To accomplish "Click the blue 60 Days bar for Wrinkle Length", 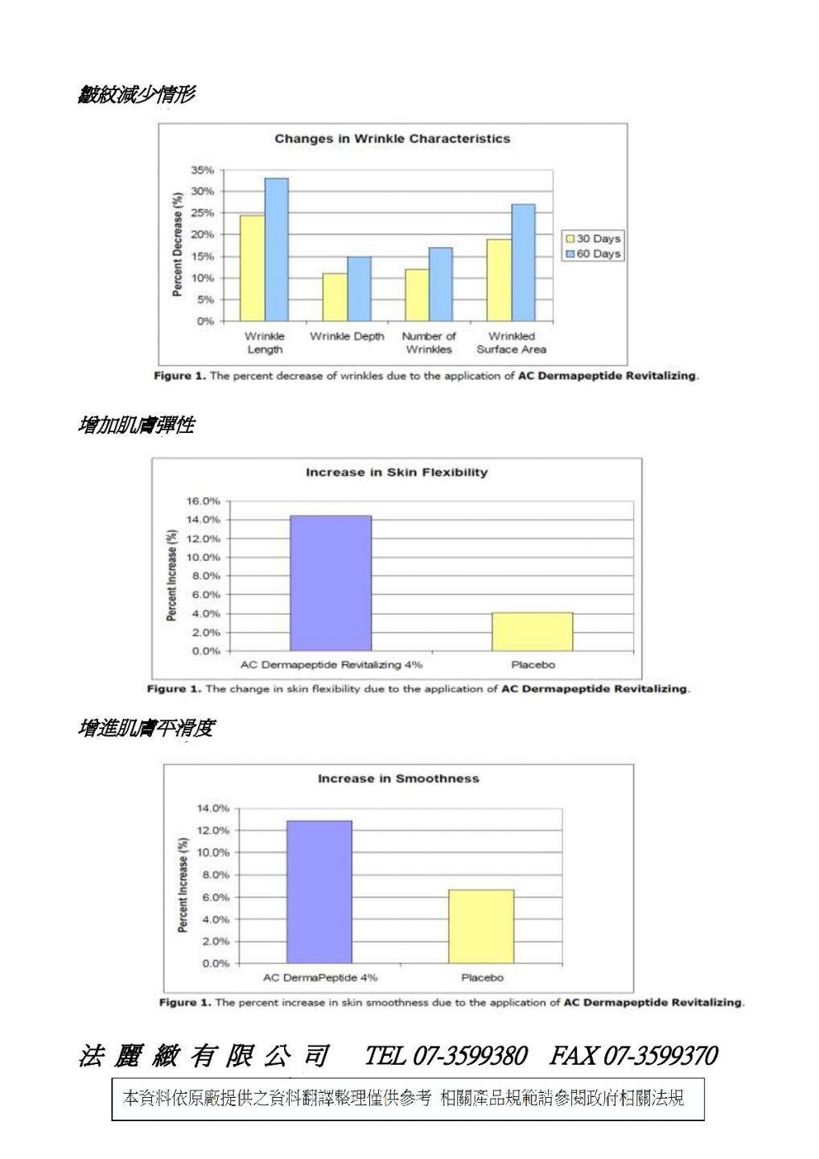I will (x=276, y=250).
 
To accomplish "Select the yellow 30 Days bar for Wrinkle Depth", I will (x=335, y=297).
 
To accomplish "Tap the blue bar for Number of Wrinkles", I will (x=440, y=284).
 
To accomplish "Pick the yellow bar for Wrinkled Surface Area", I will (x=499, y=280).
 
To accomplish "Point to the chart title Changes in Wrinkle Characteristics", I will (x=392, y=138).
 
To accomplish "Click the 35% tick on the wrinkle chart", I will (x=202, y=171).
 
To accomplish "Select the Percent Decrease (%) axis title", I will (x=177, y=243).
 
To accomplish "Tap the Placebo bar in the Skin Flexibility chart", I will (x=532, y=632).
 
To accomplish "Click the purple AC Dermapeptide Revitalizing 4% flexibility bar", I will (x=331, y=583).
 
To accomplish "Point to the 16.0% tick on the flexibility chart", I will (x=203, y=501).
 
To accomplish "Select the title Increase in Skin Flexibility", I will (x=396, y=472).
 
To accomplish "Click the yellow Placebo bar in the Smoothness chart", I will (x=481, y=926).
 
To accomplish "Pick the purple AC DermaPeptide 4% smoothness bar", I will (x=319, y=892).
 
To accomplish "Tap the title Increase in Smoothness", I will (x=398, y=778).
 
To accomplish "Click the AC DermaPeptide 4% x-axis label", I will (x=320, y=977).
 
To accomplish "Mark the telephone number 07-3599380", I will (x=470, y=1055).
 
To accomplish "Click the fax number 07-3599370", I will (x=660, y=1055).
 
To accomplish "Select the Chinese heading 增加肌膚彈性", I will (x=136, y=425).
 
